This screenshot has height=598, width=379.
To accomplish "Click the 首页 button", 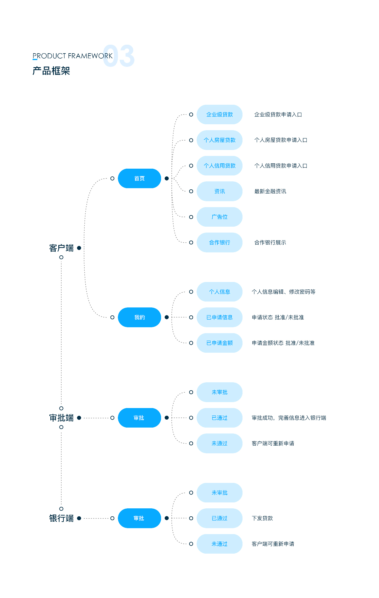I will tap(139, 178).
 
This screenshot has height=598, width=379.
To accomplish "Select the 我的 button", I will tap(139, 317).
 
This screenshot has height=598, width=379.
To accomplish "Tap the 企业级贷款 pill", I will tap(219, 115).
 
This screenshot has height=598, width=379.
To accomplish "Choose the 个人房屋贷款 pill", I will tap(219, 140).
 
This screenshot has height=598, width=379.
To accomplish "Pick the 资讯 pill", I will tap(219, 191).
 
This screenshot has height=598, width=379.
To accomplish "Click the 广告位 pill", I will tap(219, 217).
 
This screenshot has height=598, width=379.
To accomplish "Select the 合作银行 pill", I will tap(219, 242).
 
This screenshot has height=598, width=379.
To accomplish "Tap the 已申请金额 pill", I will tap(219, 343).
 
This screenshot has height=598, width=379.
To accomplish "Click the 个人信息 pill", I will tap(219, 292).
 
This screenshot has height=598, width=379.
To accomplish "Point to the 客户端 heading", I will tap(61, 248).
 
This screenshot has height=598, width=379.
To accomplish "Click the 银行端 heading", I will tap(61, 518).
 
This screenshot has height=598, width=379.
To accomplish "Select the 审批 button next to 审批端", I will tap(139, 418).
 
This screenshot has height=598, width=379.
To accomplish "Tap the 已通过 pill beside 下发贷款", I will tap(219, 518).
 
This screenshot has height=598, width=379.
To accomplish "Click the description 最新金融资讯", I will tap(270, 191).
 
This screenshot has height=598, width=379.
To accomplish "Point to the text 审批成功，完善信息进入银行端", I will tap(289, 418).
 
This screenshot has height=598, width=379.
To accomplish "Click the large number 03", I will tap(119, 56).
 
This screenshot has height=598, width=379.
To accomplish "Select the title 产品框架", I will tap(51, 71).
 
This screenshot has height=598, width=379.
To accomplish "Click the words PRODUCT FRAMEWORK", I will tap(73, 56).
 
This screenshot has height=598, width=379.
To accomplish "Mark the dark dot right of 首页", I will tap(167, 178).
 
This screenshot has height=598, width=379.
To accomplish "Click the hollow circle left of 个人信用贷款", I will tap(191, 166).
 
